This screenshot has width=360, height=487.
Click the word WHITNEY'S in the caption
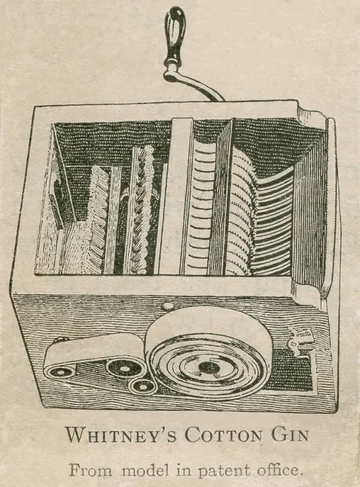click(121, 435)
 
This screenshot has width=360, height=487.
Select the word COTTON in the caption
click(224, 435)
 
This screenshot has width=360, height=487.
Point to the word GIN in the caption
click(290, 434)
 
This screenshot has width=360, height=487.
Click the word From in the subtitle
click(90, 470)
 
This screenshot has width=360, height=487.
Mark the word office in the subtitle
click(279, 470)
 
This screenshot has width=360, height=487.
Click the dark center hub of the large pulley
click(208, 368)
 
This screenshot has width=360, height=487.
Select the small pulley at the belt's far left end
click(60, 371)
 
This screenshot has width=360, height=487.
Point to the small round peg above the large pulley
click(168, 306)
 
